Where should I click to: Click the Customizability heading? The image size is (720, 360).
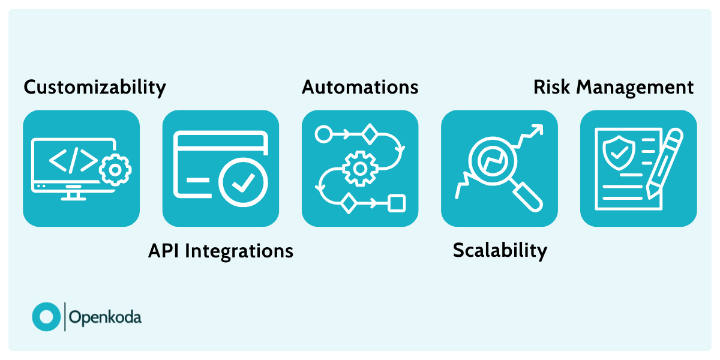(94, 88)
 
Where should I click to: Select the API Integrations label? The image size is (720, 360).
(220, 251)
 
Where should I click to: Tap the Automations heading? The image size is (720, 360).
(360, 87)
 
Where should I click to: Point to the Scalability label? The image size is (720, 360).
(500, 250)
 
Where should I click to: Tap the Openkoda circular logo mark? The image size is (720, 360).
(46, 317)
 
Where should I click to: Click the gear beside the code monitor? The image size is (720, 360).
(115, 170)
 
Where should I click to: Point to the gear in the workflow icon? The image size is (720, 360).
(359, 169)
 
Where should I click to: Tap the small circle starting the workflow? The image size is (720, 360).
(323, 134)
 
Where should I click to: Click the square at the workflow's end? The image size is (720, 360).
(396, 203)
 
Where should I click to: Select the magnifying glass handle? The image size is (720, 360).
(527, 196)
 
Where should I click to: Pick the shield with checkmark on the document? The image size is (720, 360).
(617, 152)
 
